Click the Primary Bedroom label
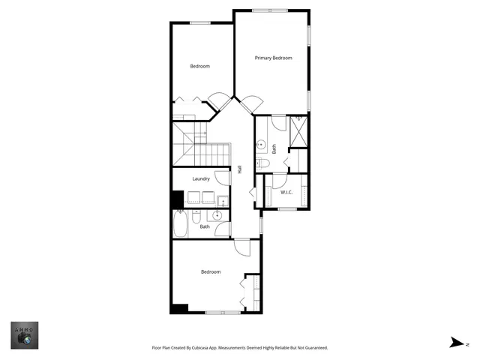(x=273, y=58)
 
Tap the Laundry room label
(x=201, y=178)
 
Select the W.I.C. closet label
(x=286, y=193)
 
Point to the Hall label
(x=240, y=169)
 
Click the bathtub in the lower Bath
(x=181, y=223)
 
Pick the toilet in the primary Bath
(x=262, y=163)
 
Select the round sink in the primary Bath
(x=262, y=144)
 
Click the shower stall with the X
(x=297, y=132)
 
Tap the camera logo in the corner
(x=25, y=336)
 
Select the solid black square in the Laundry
(x=178, y=200)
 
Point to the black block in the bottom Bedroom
(x=178, y=307)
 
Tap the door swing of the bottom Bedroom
(x=241, y=248)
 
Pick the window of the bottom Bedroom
(x=223, y=312)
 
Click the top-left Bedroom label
(x=199, y=66)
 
